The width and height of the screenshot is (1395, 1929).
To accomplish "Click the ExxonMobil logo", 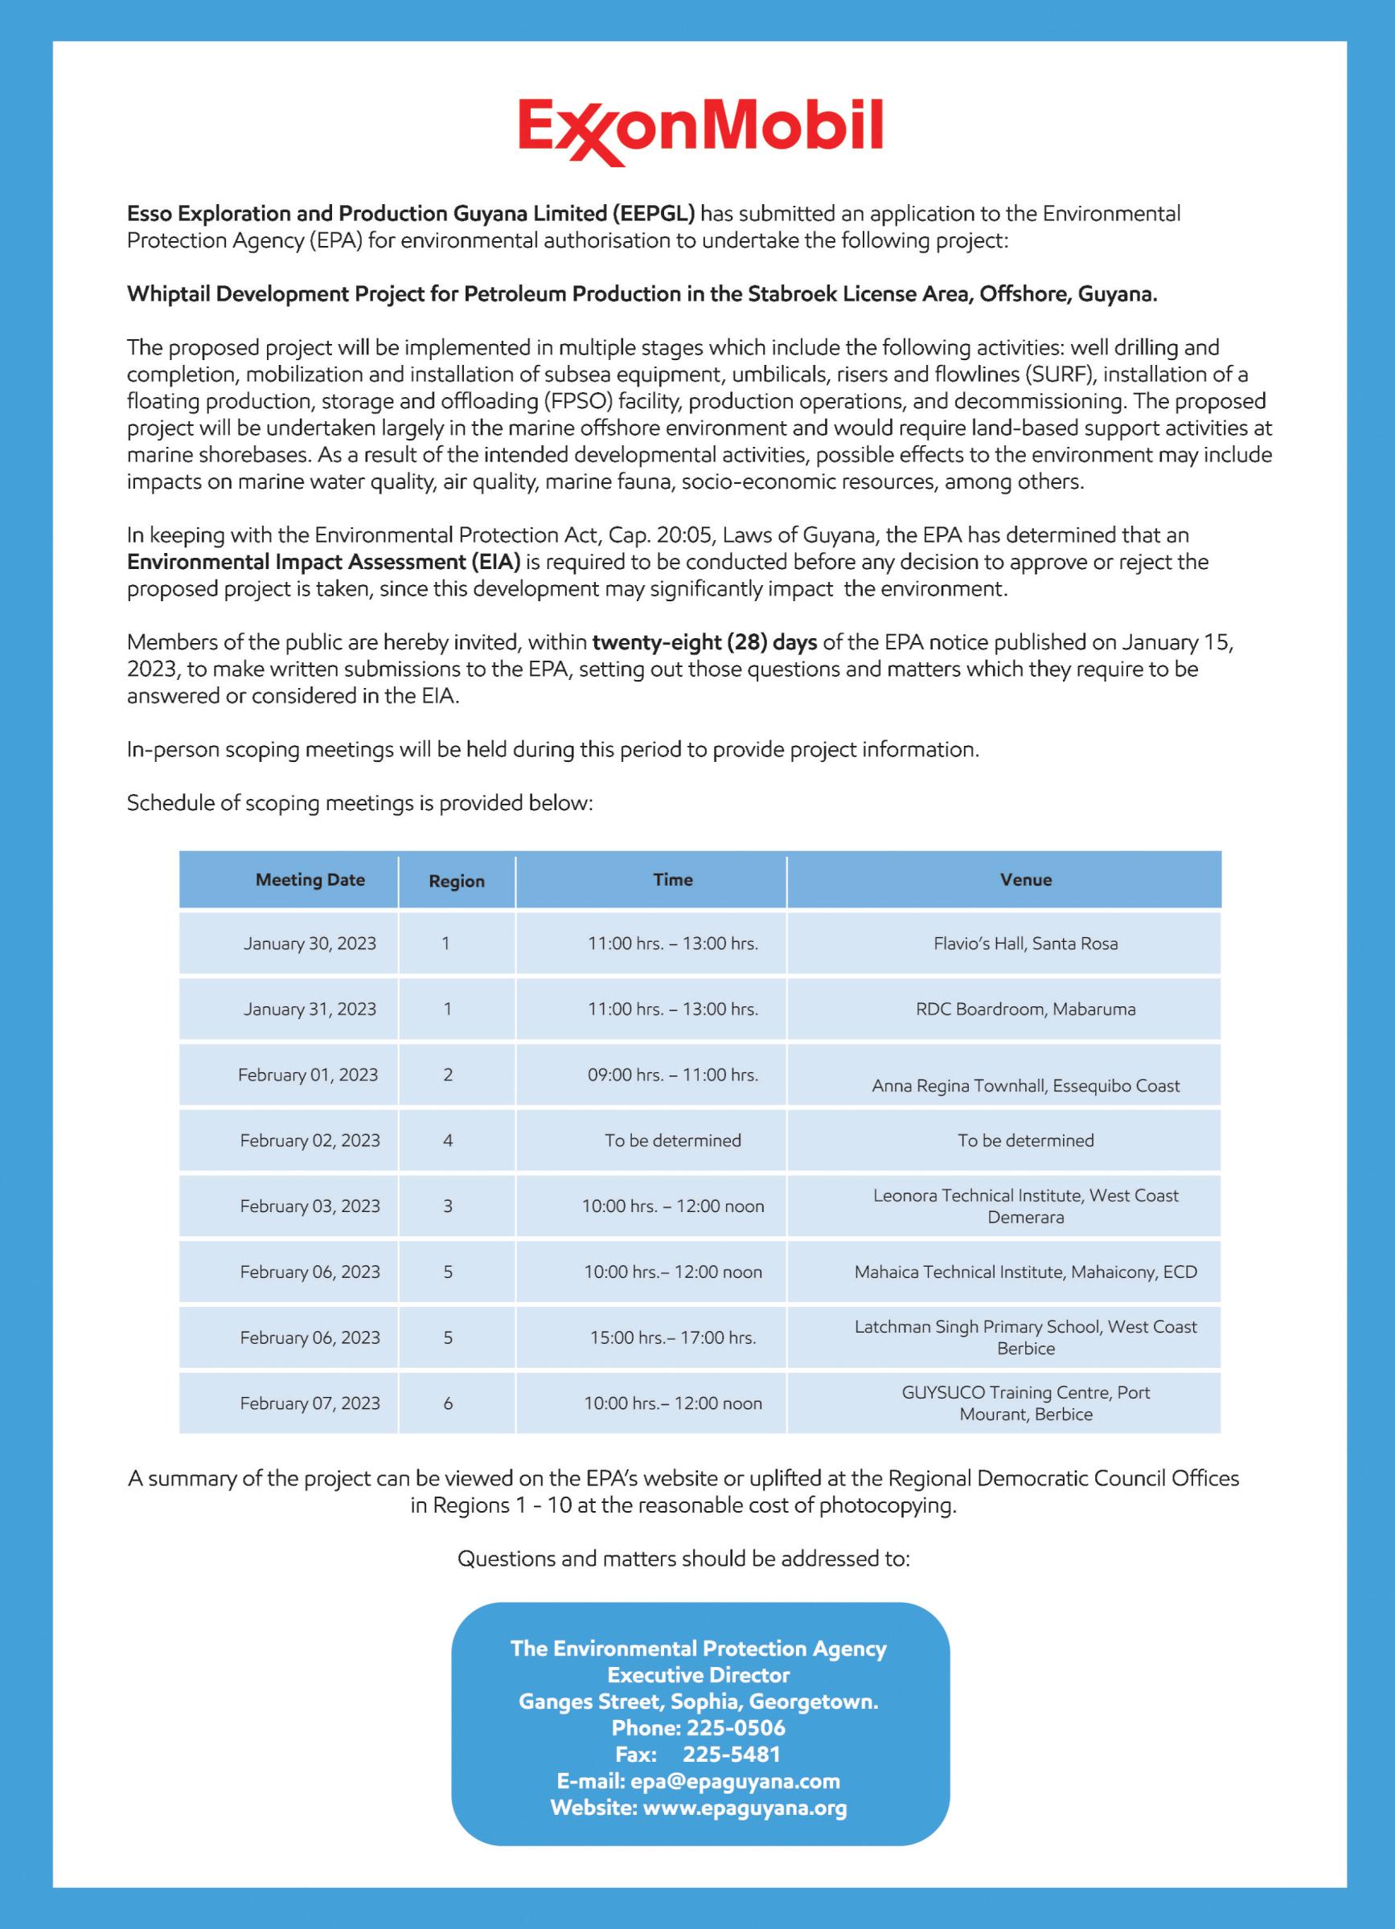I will click(x=700, y=131).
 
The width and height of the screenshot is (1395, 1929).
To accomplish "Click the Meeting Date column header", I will click(x=310, y=879).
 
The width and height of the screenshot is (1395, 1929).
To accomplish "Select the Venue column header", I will click(x=1025, y=879).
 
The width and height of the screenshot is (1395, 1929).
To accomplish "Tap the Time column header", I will click(x=672, y=879).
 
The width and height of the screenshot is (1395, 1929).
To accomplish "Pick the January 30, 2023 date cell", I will click(x=310, y=944).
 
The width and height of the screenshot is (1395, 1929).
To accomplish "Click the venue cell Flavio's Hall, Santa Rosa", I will click(x=1025, y=944).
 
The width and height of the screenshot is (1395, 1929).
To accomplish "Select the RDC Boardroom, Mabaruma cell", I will click(x=1025, y=1009).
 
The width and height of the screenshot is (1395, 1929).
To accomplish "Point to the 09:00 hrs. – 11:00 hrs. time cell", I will click(x=672, y=1075).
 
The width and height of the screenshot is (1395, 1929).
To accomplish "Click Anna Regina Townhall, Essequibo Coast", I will click(x=1025, y=1085).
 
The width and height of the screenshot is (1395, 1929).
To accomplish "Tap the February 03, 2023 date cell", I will click(x=310, y=1206).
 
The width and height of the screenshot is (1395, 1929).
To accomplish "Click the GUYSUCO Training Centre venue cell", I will click(x=1025, y=1403).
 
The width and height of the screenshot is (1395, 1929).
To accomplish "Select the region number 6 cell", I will click(x=449, y=1403).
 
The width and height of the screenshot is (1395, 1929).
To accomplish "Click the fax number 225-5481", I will click(x=732, y=1754).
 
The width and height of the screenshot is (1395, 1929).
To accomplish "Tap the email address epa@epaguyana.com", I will click(x=735, y=1781).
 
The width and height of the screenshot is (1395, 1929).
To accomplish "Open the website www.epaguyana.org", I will click(x=745, y=1808).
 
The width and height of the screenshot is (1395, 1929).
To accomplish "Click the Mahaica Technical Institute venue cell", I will click(x=1025, y=1272).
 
